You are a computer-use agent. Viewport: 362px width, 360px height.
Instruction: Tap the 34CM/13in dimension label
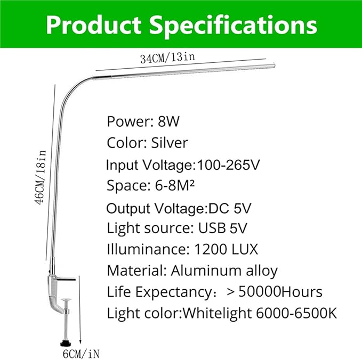pyautogui.click(x=167, y=58)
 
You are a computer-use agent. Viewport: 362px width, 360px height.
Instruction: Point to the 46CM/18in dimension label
pyautogui.click(x=41, y=177)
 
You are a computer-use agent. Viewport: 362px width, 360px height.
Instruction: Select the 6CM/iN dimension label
pyautogui.click(x=81, y=354)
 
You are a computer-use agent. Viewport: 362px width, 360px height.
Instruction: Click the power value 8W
pyautogui.click(x=168, y=121)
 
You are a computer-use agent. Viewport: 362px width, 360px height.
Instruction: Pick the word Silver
pyautogui.click(x=169, y=143)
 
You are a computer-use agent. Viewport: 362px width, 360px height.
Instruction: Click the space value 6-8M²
pyautogui.click(x=174, y=186)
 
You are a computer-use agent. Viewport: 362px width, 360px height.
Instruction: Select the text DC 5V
pyautogui.click(x=229, y=208)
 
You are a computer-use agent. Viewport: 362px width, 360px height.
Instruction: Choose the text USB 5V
pyautogui.click(x=222, y=228)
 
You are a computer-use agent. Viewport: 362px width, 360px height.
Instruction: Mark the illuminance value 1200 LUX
pyautogui.click(x=226, y=249)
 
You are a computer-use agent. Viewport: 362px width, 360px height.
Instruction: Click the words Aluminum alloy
pyautogui.click(x=224, y=271)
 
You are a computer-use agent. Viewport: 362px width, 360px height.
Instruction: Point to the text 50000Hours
pyautogui.click(x=280, y=292)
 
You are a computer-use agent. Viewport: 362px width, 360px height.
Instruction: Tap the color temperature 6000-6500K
pyautogui.click(x=296, y=313)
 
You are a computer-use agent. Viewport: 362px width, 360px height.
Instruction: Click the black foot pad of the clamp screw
pyautogui.click(x=66, y=343)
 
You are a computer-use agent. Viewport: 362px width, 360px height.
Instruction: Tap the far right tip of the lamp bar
pyautogui.click(x=275, y=65)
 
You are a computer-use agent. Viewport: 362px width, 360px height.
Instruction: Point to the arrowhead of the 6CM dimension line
pyautogui.click(x=80, y=342)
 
